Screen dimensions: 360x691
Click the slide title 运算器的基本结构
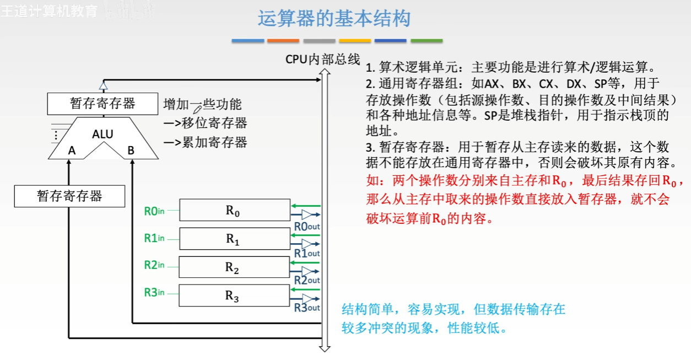pyautogui.click(x=334, y=18)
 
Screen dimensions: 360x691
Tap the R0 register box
pyautogui.click(x=234, y=210)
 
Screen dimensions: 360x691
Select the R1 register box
pyautogui.click(x=234, y=239)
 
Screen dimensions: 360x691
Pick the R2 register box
pyautogui.click(x=234, y=267)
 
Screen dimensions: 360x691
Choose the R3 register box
pyautogui.click(x=234, y=295)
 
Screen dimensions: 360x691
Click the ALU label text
pyautogui.click(x=102, y=134)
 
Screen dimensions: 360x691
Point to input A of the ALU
pyautogui.click(x=72, y=150)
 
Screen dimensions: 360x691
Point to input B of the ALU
pyautogui.click(x=131, y=150)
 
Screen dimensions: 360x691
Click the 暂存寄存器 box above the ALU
pyautogui.click(x=102, y=104)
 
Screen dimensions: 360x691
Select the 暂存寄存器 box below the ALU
pyautogui.click(x=69, y=196)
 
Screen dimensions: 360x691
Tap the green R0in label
pyautogui.click(x=154, y=211)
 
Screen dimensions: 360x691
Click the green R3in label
pyautogui.click(x=154, y=293)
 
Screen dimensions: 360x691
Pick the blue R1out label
pyautogui.click(x=306, y=253)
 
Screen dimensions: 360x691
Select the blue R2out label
pyautogui.click(x=306, y=280)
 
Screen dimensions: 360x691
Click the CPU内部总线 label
pyautogui.click(x=322, y=59)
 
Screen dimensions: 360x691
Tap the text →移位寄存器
pyautogui.click(x=206, y=123)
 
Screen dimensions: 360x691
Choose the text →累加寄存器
pyautogui.click(x=206, y=142)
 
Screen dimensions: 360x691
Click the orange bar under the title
pyautogui.click(x=283, y=41)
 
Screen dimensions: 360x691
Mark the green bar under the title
pyautogui.click(x=427, y=41)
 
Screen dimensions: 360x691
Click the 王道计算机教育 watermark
pyautogui.click(x=50, y=11)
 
